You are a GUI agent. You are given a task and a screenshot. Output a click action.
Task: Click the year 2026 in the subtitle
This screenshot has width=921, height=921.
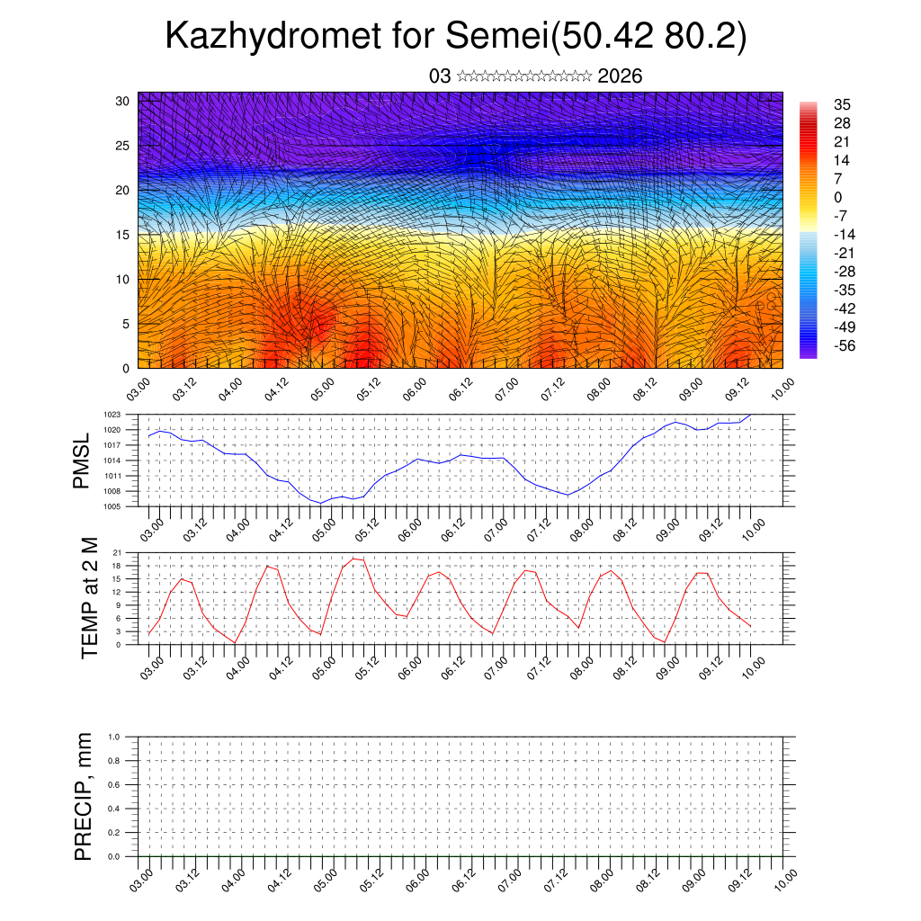(x=620, y=76)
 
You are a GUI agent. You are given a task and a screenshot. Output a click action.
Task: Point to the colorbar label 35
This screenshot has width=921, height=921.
(x=843, y=105)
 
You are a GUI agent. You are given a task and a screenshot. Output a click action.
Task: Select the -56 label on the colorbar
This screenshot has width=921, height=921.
(x=845, y=344)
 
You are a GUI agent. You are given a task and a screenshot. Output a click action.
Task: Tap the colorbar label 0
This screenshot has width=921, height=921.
(x=838, y=197)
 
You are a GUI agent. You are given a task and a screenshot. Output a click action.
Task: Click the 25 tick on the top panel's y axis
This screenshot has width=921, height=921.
(x=123, y=145)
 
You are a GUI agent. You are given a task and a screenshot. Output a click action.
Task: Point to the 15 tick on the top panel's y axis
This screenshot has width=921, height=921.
(x=123, y=234)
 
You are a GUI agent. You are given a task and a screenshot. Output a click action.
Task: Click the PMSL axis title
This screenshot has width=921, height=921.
(x=82, y=461)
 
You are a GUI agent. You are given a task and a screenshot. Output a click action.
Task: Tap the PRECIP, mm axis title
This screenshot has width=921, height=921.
(x=84, y=796)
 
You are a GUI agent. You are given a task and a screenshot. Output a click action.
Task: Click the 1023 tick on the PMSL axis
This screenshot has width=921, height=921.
(x=112, y=415)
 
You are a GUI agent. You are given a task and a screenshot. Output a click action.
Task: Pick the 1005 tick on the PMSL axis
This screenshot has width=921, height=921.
(x=112, y=507)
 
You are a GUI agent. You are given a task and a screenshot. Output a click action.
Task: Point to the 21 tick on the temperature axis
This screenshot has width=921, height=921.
(x=117, y=552)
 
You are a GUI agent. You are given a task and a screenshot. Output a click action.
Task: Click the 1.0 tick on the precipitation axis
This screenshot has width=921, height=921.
(x=113, y=737)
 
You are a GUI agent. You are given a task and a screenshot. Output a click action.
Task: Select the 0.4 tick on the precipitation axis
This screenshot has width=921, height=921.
(x=113, y=809)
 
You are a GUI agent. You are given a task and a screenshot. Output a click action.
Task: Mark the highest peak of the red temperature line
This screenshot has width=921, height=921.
(x=353, y=559)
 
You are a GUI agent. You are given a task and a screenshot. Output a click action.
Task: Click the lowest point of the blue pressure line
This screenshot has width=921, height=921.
(x=321, y=503)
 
